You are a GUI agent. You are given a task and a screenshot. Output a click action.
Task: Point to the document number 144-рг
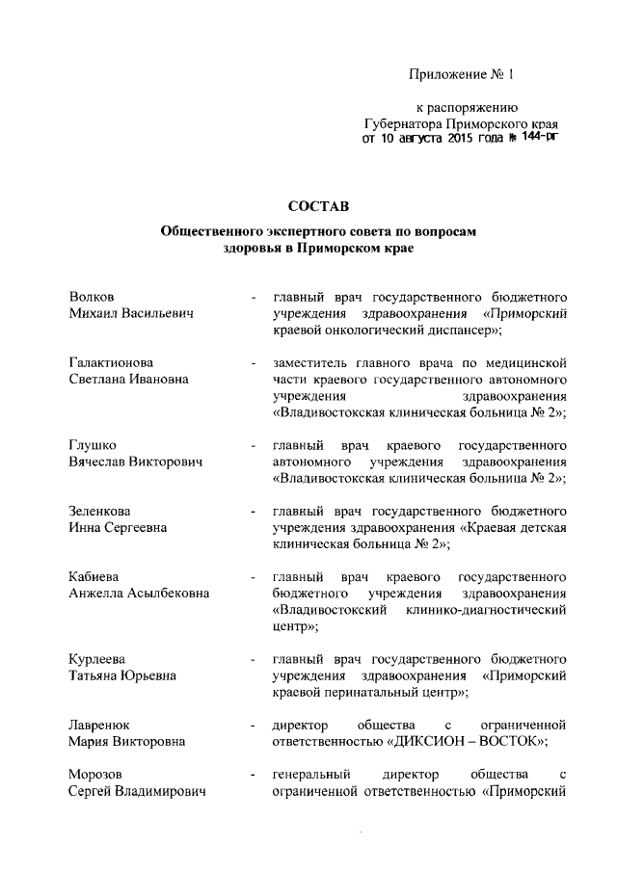click(537, 139)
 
